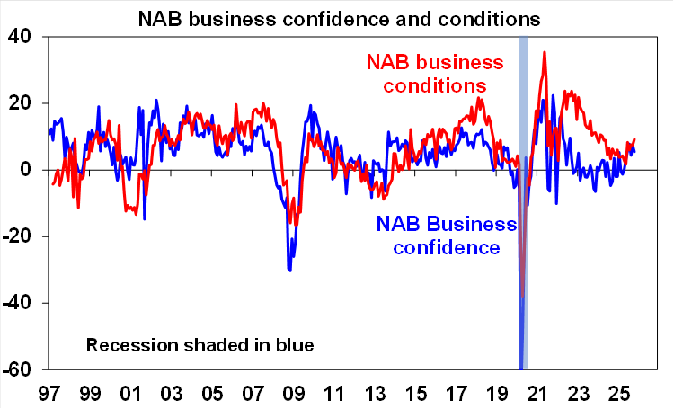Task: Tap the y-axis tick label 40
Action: point(20,37)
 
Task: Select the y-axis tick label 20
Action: point(20,103)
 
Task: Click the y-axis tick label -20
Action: point(16,236)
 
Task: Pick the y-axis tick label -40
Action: point(16,303)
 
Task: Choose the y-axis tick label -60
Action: point(16,369)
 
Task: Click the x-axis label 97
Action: point(49,393)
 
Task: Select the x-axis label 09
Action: point(292,393)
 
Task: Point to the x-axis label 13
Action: point(374,393)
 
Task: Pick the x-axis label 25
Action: point(616,393)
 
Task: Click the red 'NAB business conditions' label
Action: point(434,75)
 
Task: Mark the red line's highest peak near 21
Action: point(545,52)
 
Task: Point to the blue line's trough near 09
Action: point(289,270)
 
